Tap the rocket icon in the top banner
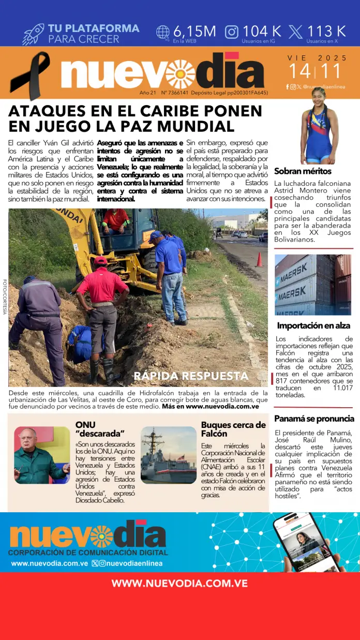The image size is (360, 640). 33,34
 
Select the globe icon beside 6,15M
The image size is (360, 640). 163,32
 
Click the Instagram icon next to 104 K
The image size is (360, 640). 232,32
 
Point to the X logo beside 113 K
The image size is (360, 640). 295,32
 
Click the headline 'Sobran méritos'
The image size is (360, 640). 303,171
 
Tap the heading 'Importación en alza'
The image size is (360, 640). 313,325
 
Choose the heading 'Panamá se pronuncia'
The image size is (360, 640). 314,419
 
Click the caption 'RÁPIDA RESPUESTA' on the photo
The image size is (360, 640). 191,376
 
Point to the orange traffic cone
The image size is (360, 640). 259,259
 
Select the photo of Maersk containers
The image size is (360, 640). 313,285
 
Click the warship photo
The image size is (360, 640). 169,455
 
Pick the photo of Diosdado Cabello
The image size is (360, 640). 41,455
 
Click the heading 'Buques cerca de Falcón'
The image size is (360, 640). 233,429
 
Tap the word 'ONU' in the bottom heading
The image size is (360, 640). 85,425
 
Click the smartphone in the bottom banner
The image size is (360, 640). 306,542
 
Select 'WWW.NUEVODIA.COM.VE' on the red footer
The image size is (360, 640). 179,583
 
